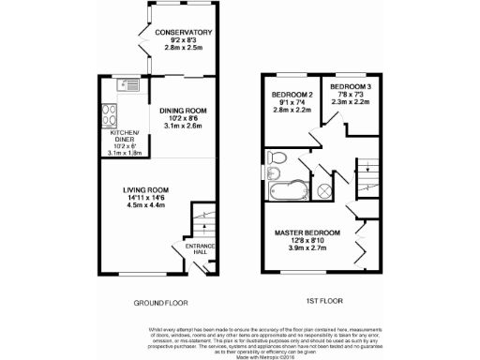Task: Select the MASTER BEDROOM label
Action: [307, 232]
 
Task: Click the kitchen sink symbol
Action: [125, 87]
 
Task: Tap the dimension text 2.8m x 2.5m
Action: [184, 51]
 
